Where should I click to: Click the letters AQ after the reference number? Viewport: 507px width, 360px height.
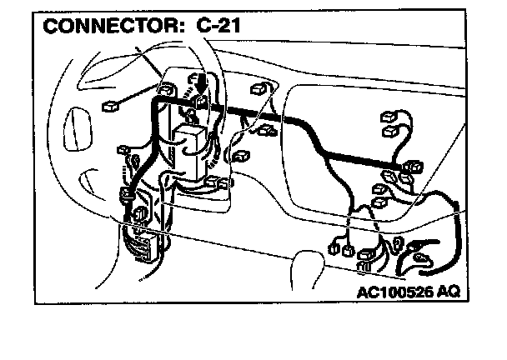pyautogui.click(x=448, y=292)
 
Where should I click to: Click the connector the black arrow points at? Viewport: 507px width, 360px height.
pyautogui.click(x=200, y=102)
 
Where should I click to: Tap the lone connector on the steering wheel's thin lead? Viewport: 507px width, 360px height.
pyautogui.click(x=108, y=107)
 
